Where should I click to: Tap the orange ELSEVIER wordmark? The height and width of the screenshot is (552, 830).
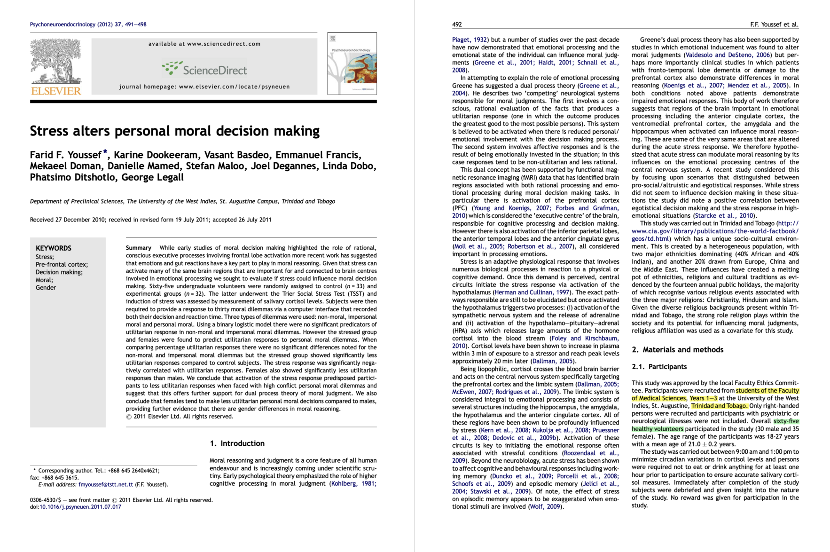[56, 91]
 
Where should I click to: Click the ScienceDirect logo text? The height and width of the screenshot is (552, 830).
[214, 71]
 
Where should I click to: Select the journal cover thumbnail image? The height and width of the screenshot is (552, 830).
[352, 63]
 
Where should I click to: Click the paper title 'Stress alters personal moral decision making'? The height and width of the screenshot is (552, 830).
[175, 131]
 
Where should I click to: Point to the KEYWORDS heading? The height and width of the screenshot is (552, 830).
[54, 248]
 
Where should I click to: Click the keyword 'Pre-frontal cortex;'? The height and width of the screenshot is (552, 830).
[62, 264]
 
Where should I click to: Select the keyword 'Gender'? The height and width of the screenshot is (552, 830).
[46, 287]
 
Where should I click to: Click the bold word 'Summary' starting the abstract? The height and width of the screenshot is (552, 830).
[138, 248]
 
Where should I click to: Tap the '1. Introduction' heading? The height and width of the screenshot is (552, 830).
[237, 443]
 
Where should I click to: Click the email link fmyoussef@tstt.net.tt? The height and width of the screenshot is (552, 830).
[106, 484]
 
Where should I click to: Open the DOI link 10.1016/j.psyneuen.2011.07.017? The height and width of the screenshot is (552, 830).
[80, 507]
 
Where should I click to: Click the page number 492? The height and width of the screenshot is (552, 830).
[457, 24]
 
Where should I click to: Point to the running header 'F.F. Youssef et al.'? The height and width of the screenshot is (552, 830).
[774, 24]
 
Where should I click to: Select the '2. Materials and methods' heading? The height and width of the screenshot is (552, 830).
[677, 349]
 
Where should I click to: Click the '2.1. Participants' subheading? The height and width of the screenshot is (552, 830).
[659, 367]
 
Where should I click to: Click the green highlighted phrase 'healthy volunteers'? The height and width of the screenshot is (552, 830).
[657, 429]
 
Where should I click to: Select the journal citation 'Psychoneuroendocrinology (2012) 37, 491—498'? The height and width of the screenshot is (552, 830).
[88, 24]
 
